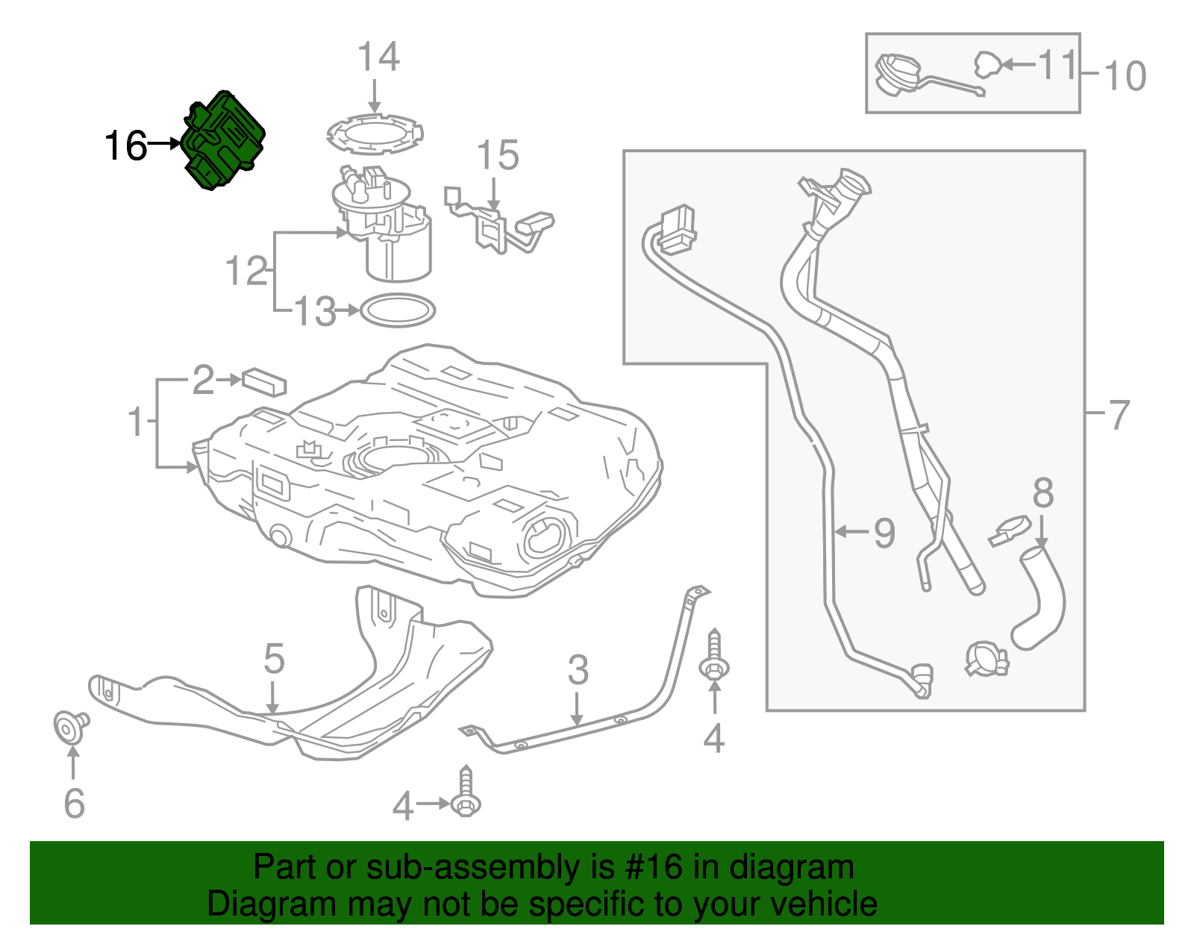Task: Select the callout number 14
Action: click(x=378, y=57)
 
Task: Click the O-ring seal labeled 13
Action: click(x=398, y=310)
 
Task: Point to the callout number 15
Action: click(x=497, y=156)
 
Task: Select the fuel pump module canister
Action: click(x=396, y=246)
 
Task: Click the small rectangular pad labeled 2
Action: click(x=264, y=381)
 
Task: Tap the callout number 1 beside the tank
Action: click(x=136, y=422)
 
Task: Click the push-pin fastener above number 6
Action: click(x=70, y=726)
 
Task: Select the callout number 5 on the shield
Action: click(x=274, y=659)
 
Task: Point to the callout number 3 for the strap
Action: click(x=578, y=670)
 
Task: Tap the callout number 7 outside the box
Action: click(x=1119, y=415)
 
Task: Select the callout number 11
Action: click(x=1057, y=65)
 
